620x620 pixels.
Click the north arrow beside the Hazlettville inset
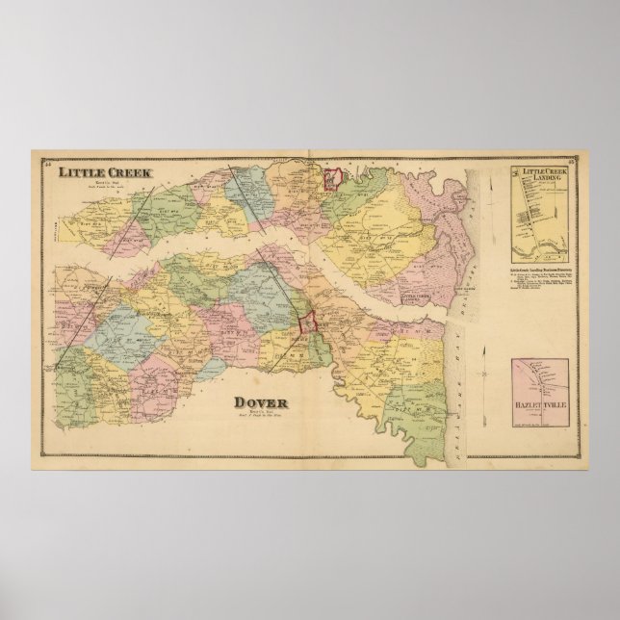point(517,367)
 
